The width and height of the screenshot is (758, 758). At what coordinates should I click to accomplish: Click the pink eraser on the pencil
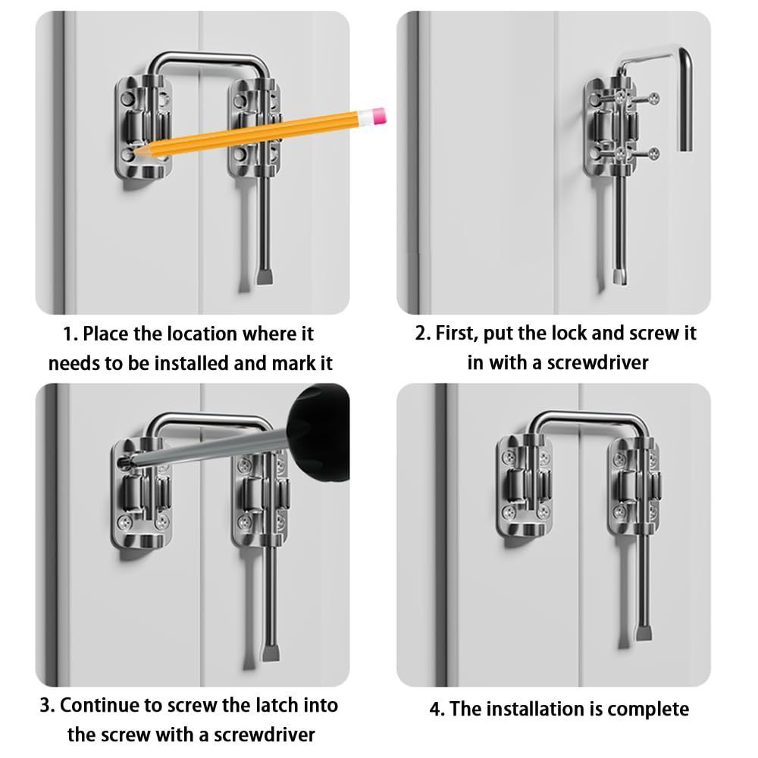coord(378,117)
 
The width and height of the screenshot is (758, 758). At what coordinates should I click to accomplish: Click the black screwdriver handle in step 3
coord(318,432)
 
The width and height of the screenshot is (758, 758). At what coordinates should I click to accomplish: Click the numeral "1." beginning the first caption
coord(70,334)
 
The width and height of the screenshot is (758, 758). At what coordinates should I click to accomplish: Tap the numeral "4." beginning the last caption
coord(437,709)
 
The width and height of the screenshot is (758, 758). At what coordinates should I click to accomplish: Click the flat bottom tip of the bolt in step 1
coord(265,278)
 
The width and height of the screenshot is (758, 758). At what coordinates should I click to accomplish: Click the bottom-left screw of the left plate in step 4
coord(509,512)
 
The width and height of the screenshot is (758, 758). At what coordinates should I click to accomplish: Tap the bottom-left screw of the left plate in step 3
coord(125,522)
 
